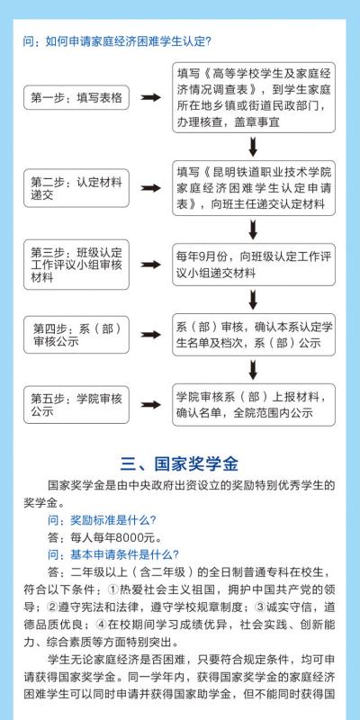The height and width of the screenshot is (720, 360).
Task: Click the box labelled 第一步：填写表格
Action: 76,97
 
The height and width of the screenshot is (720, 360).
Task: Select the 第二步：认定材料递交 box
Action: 76,188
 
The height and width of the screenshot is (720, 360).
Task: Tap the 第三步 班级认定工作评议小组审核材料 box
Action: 76,265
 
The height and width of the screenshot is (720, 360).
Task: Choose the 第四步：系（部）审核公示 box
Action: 76,335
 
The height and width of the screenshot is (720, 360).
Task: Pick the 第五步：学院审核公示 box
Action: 76,404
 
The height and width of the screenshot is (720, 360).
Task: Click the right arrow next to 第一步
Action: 150,97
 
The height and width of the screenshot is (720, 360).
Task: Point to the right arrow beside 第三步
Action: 150,265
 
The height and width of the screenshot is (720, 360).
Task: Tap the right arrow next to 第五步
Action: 150,404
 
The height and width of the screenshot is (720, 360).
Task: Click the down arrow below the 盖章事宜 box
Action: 253,147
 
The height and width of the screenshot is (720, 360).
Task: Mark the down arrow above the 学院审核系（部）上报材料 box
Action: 253,370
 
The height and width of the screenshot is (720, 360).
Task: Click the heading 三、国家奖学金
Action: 179,463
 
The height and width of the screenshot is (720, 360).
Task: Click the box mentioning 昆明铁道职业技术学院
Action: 254,188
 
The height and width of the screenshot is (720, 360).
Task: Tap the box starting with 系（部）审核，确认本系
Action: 254,335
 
